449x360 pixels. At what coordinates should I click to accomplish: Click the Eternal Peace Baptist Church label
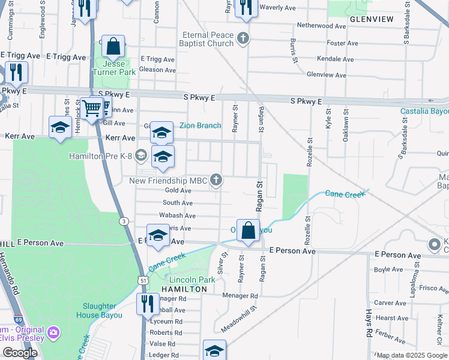point(208,39)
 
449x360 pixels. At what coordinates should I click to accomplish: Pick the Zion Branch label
point(200,125)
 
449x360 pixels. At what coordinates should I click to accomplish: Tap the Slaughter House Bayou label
point(102,311)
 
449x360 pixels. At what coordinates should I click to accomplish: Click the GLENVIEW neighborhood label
point(372,19)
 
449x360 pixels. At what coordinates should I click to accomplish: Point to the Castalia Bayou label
point(424,112)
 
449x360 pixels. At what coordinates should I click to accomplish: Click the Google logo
point(20,352)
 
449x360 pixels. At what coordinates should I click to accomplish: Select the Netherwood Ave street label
point(322,26)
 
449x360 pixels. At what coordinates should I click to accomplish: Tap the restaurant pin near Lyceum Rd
point(145,302)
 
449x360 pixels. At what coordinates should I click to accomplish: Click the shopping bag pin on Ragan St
point(248,230)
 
